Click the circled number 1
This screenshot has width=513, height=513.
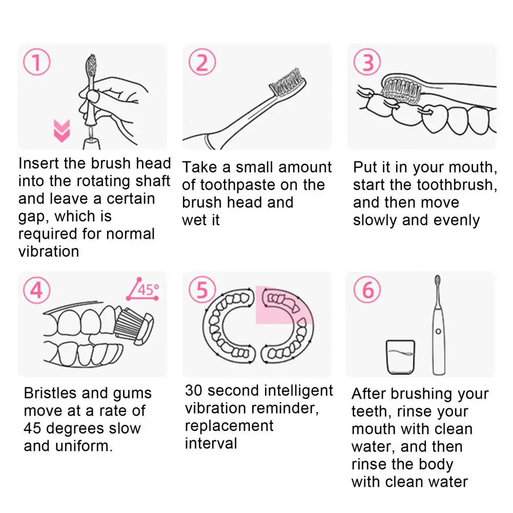[x=37, y=62]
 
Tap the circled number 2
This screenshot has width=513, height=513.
[x=202, y=62]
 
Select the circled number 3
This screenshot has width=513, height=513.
[x=367, y=62]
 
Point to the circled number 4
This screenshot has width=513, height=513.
[x=37, y=290]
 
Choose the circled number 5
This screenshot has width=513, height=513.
[x=202, y=290]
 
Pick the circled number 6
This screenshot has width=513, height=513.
[x=367, y=290]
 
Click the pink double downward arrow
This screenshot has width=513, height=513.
[x=62, y=131]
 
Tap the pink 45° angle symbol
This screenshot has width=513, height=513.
[x=143, y=289]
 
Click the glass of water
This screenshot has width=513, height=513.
[x=400, y=357]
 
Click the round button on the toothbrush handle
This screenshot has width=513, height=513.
[x=438, y=332]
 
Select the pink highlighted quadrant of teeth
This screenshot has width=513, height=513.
[x=284, y=305]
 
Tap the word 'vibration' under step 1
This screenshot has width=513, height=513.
[x=49, y=252]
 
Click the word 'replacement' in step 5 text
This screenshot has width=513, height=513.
[x=229, y=426]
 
